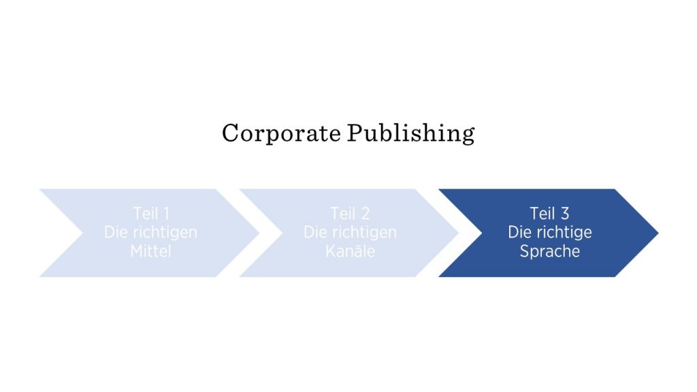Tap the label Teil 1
(151, 214)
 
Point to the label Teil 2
(351, 214)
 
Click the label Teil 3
(549, 214)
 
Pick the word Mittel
(150, 251)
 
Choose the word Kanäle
(351, 251)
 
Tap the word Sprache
(550, 252)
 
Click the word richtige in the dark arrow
(564, 233)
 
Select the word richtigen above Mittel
(165, 233)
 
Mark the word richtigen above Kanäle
(365, 233)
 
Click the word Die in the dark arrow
(520, 232)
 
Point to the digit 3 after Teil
(565, 214)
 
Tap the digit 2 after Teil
(366, 214)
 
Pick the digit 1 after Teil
(167, 214)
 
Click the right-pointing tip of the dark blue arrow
(658, 233)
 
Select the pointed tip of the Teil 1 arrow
(259, 233)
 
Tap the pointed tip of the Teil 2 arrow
(459, 233)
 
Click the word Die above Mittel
(116, 232)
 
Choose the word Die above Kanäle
(316, 232)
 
